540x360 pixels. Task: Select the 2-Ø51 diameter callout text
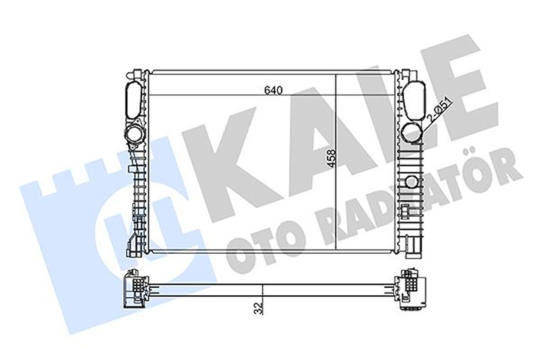click(x=440, y=110)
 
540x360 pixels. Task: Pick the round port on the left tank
click(x=135, y=135)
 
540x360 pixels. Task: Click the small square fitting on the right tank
click(x=406, y=210)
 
